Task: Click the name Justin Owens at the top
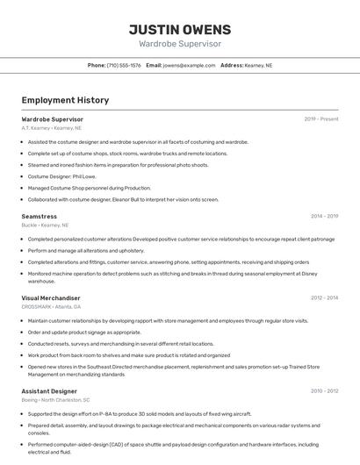180,29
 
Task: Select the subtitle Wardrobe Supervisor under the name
180,44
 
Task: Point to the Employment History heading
65,100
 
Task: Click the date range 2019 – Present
320,118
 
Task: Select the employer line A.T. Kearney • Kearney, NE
52,128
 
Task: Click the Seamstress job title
39,216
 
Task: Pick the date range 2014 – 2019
324,216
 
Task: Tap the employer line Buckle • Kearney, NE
45,225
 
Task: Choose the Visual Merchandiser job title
50,298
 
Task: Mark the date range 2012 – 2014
324,298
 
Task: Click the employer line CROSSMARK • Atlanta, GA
51,307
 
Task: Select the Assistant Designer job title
49,390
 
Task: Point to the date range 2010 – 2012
324,390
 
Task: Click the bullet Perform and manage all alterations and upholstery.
86,250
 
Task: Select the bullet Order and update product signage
84,333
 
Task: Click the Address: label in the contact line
232,65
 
